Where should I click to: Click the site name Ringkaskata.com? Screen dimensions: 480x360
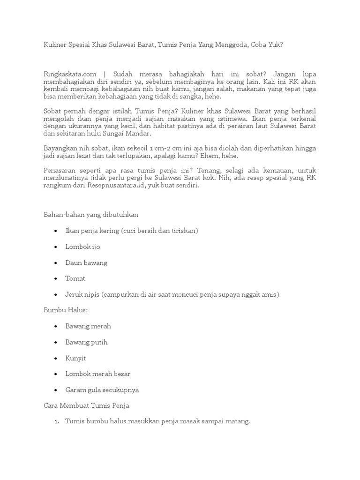[70, 74]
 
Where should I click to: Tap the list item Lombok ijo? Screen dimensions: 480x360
[83, 247]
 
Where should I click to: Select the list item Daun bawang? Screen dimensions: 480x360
[86, 262]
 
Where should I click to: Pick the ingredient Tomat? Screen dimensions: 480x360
[75, 278]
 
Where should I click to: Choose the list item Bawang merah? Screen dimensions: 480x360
[88, 326]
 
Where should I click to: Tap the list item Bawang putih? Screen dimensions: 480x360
[87, 342]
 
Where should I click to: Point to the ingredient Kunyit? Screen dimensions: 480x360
[76, 358]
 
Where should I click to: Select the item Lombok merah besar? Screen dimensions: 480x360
[98, 374]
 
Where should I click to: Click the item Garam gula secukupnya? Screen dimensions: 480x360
[102, 390]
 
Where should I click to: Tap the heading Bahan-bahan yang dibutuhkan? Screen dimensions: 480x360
[91, 214]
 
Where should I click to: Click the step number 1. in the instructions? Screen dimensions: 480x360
[57, 422]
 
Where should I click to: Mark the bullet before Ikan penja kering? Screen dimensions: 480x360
[56, 231]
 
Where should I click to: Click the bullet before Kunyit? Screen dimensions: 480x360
[56, 359]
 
